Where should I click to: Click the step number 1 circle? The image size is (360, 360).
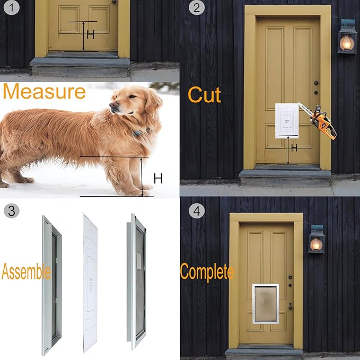(12, 7)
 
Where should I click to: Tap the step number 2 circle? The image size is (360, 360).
(197, 7)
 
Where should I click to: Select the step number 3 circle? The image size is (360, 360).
(12, 210)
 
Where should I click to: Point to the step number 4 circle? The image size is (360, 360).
(197, 210)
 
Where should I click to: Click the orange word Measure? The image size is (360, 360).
(45, 91)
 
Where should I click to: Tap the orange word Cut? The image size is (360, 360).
(204, 95)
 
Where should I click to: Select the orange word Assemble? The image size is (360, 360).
(26, 271)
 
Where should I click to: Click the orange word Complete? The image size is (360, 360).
(207, 272)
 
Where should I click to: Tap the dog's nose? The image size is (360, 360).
(113, 105)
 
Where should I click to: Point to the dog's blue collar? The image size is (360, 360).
(141, 132)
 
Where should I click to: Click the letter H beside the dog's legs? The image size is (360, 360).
(158, 178)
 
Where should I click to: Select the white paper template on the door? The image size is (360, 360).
(287, 121)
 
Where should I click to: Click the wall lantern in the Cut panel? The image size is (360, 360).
(347, 37)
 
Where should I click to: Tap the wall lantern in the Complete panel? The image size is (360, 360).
(317, 239)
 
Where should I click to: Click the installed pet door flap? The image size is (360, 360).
(266, 304)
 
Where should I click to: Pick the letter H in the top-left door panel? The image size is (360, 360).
(91, 34)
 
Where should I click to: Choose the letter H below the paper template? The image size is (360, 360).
(294, 148)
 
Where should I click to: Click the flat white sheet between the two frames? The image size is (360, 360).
(90, 283)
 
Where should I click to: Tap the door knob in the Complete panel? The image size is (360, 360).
(291, 306)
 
